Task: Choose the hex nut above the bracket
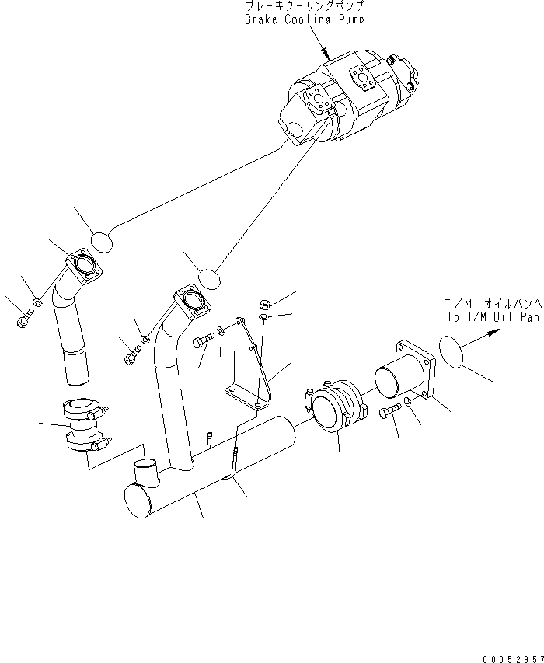263,304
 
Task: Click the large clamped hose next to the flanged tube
336,408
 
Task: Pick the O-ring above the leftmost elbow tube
102,242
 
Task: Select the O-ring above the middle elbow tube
209,277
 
